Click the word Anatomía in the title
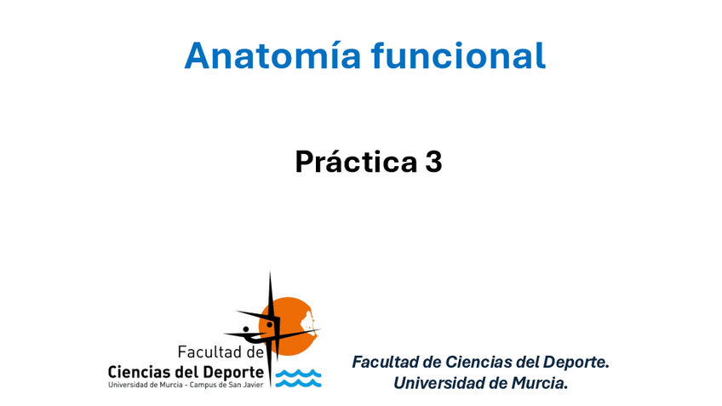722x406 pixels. tap(272, 55)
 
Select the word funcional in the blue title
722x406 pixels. tap(459, 54)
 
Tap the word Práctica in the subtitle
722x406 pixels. tap(356, 161)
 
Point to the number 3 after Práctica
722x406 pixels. tap(433, 162)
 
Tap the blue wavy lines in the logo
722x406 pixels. tap(298, 378)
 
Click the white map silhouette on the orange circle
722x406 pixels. tap(307, 323)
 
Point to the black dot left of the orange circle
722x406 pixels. tap(246, 329)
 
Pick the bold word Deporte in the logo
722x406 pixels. tap(233, 373)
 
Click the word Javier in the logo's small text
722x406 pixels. tap(254, 385)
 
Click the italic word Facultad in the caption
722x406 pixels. tap(386, 362)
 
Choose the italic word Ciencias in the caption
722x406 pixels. tap(479, 362)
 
